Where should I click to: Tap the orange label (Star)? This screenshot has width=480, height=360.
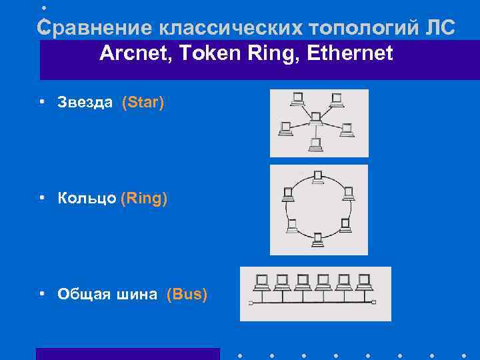(143, 103)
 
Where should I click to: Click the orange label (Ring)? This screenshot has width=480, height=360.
(144, 198)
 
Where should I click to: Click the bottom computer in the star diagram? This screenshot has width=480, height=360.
(316, 143)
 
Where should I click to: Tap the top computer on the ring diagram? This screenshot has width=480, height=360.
(318, 177)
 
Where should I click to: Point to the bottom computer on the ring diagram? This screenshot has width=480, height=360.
(318, 237)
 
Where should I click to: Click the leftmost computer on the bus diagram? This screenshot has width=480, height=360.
(262, 281)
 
